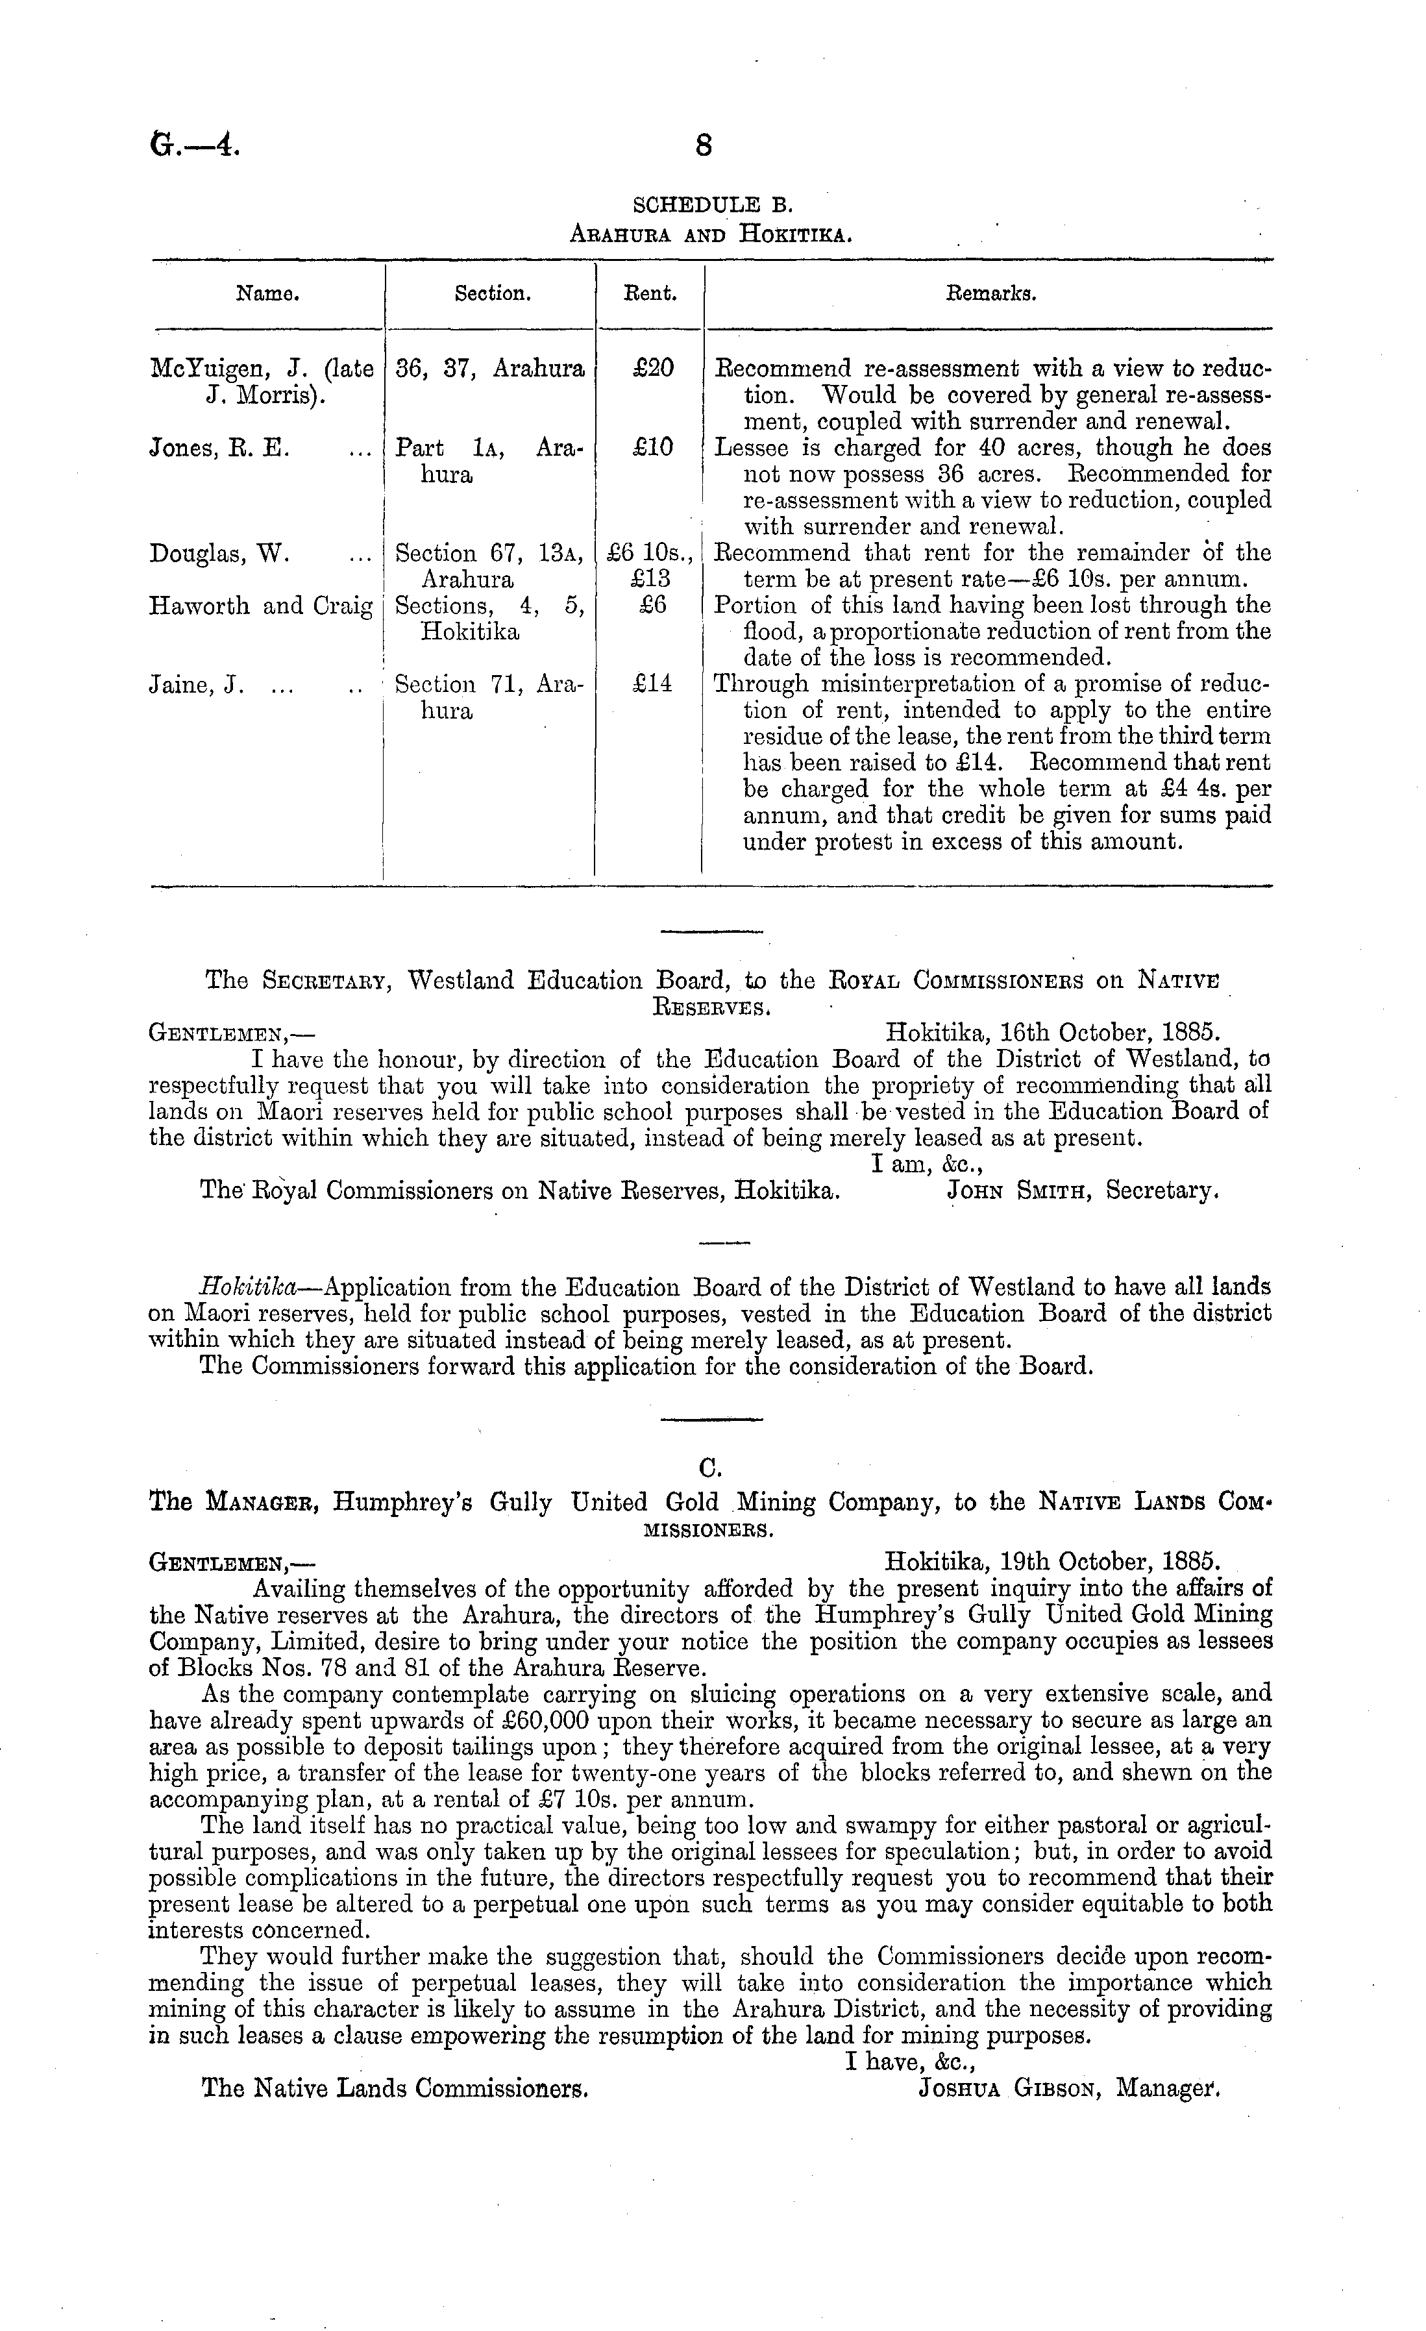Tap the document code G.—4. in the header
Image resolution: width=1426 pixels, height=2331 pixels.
click(195, 145)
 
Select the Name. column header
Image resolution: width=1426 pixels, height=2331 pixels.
click(268, 293)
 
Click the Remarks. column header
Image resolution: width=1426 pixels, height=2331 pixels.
click(990, 293)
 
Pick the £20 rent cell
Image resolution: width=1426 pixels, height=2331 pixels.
click(652, 368)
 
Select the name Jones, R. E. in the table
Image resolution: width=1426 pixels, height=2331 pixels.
click(219, 447)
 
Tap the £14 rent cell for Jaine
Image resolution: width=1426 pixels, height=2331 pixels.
click(652, 683)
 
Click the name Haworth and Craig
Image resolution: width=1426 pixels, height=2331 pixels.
click(261, 606)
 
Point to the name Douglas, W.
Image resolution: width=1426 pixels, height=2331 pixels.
click(219, 554)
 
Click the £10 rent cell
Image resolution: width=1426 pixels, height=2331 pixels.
click(652, 447)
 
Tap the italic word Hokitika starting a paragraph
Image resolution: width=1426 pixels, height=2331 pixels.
click(248, 1288)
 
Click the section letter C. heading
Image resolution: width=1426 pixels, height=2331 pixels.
click(711, 1467)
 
